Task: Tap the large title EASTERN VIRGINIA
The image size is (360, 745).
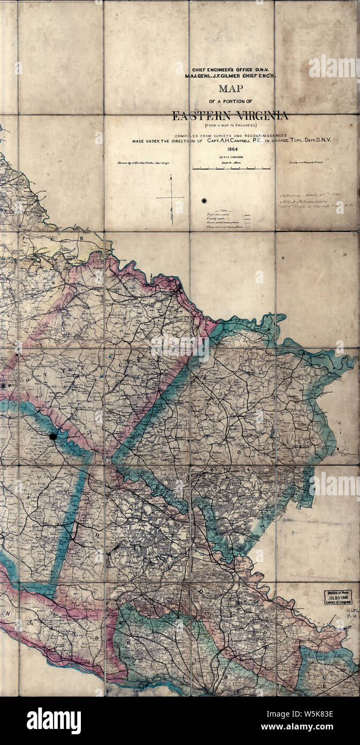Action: [x=230, y=115]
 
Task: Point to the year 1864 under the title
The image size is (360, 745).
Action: [x=232, y=149]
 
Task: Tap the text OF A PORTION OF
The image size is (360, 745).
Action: [x=230, y=102]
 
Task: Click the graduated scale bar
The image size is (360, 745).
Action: [x=231, y=168]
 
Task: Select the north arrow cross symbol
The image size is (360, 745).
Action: [x=171, y=199]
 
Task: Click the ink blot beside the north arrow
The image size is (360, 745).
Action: [x=204, y=201]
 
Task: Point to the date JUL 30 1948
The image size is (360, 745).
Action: [x=337, y=597]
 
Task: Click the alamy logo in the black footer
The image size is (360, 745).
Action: [x=54, y=721]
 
